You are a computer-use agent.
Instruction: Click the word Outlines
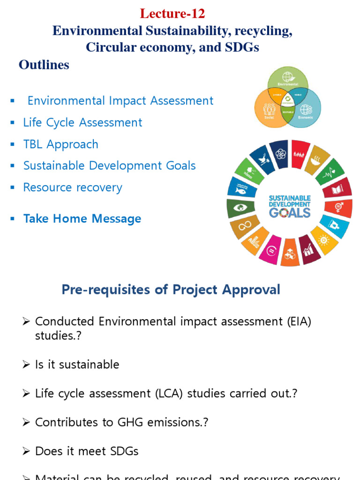[x=44, y=65]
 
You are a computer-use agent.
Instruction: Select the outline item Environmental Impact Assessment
[x=120, y=101]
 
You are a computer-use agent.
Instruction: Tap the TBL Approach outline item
[x=61, y=144]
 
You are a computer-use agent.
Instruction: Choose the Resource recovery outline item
[x=73, y=187]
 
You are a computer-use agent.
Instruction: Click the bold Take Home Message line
[x=82, y=219]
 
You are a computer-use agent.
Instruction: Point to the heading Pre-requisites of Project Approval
[x=171, y=290]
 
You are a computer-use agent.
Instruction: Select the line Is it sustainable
[x=77, y=365]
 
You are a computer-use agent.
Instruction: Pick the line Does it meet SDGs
[x=87, y=451]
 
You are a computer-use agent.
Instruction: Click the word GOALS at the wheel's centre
[x=289, y=212]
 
